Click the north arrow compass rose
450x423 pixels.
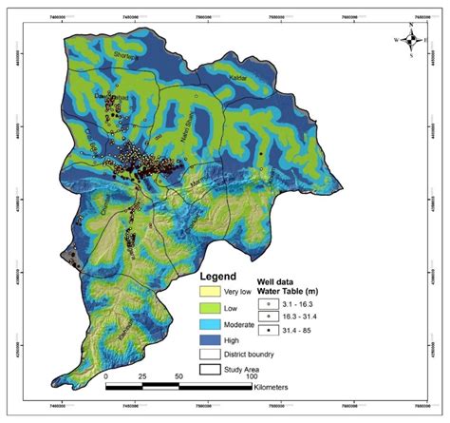411,39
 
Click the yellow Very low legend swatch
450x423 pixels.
210,292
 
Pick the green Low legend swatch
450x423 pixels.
210,309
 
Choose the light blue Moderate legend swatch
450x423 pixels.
210,325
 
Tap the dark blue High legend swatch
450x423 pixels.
210,340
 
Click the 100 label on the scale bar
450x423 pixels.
253,376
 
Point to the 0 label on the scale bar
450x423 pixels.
105,376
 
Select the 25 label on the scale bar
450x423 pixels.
142,376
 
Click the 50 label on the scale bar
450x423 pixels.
179,376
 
